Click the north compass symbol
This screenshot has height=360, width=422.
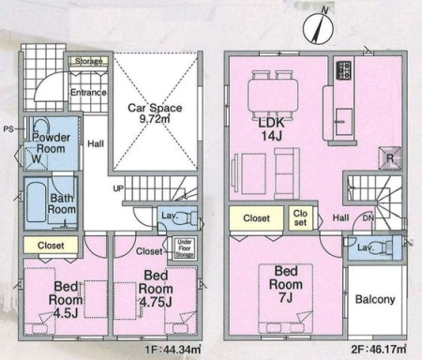[319, 27]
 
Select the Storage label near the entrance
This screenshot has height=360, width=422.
[88, 61]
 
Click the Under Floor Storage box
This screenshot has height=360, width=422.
[185, 248]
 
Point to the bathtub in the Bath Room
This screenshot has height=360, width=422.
[37, 202]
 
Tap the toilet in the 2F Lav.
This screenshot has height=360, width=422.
[384, 247]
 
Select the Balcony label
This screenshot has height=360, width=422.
[375, 299]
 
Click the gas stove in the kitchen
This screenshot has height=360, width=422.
[343, 70]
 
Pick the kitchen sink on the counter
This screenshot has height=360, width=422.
[344, 121]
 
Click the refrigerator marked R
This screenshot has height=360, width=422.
[389, 158]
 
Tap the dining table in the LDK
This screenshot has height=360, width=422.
[273, 95]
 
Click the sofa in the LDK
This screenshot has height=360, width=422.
[287, 173]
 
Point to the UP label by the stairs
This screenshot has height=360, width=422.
[118, 188]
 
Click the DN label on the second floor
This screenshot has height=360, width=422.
[369, 218]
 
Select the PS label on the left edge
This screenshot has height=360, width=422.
[8, 128]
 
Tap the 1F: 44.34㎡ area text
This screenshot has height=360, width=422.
[173, 350]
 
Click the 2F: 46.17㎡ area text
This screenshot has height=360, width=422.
[379, 349]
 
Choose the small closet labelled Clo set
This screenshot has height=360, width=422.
[300, 218]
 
